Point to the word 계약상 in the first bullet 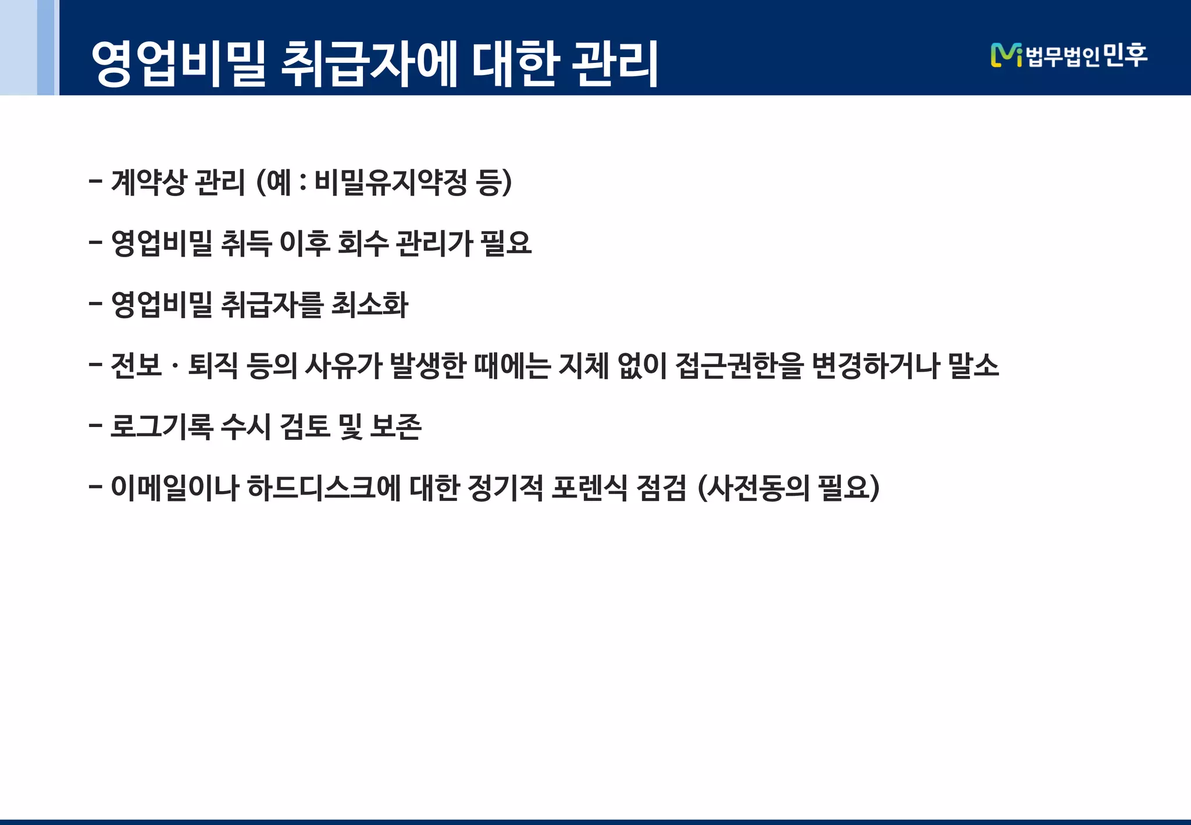click(x=149, y=183)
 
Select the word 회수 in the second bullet click(x=362, y=243)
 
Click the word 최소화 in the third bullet click(x=370, y=304)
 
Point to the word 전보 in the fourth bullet click(x=136, y=365)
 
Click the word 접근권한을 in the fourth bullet click(x=740, y=365)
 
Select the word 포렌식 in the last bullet click(x=589, y=488)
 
